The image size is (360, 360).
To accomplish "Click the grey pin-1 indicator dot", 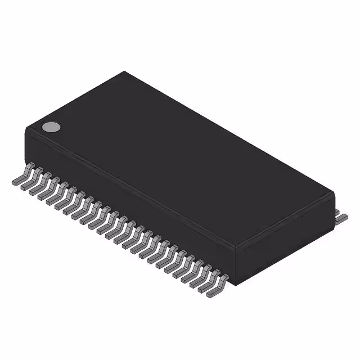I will pyautogui.click(x=51, y=127).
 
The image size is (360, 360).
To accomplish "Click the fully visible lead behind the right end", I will pyautogui.click(x=341, y=217).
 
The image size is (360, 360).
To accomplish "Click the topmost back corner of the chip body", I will pyautogui.click(x=125, y=71).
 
